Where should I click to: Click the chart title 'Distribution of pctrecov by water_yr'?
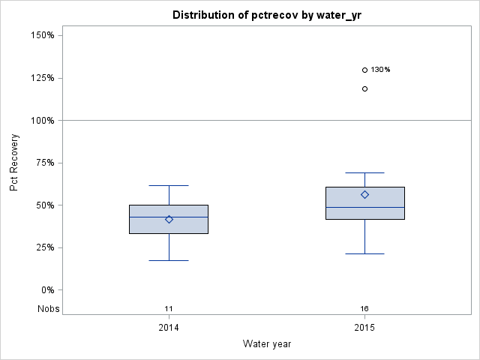(266, 15)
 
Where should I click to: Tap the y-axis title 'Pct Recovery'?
(15, 163)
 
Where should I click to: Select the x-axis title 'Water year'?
(266, 343)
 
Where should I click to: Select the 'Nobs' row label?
(49, 309)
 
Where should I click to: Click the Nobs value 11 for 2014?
(169, 309)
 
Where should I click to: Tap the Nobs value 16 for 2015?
(364, 309)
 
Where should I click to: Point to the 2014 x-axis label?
(169, 328)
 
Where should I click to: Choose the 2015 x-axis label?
(364, 328)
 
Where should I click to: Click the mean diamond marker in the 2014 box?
(169, 220)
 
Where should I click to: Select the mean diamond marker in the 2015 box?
(365, 194)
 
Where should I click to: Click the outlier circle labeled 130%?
(365, 70)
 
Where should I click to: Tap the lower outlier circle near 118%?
(365, 88)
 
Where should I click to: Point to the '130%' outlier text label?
(380, 70)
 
